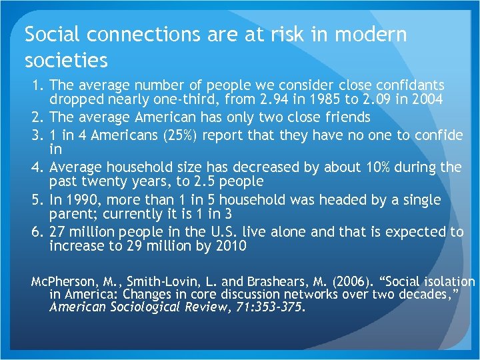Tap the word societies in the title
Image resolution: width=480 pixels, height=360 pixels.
click(66, 61)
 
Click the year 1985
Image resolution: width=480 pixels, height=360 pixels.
click(321, 101)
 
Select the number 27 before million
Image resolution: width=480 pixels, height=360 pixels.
click(59, 231)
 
